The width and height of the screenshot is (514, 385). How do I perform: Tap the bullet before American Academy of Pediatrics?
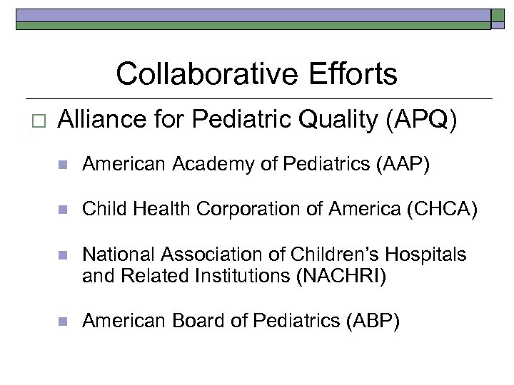coord(62,166)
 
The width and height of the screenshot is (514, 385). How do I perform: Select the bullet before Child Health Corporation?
coord(62,210)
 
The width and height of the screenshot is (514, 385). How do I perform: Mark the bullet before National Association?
coord(62,255)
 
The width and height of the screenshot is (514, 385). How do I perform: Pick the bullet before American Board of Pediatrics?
coord(62,322)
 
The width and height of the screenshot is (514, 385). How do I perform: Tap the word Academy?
coord(196,165)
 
